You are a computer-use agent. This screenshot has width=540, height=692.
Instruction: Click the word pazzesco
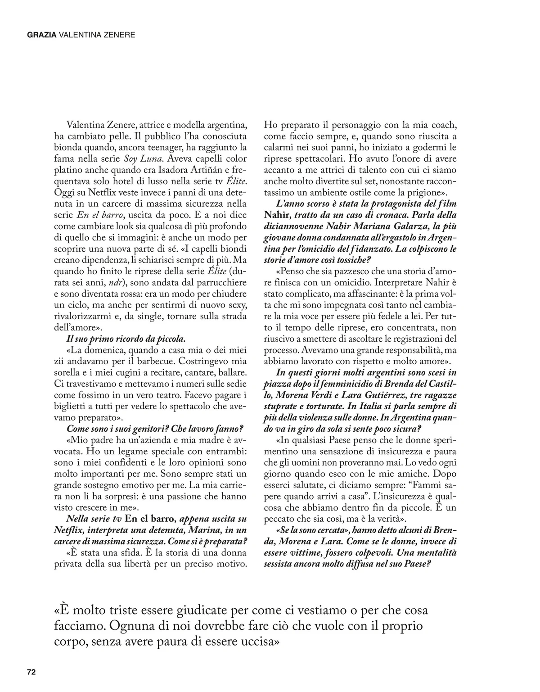point(334,271)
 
